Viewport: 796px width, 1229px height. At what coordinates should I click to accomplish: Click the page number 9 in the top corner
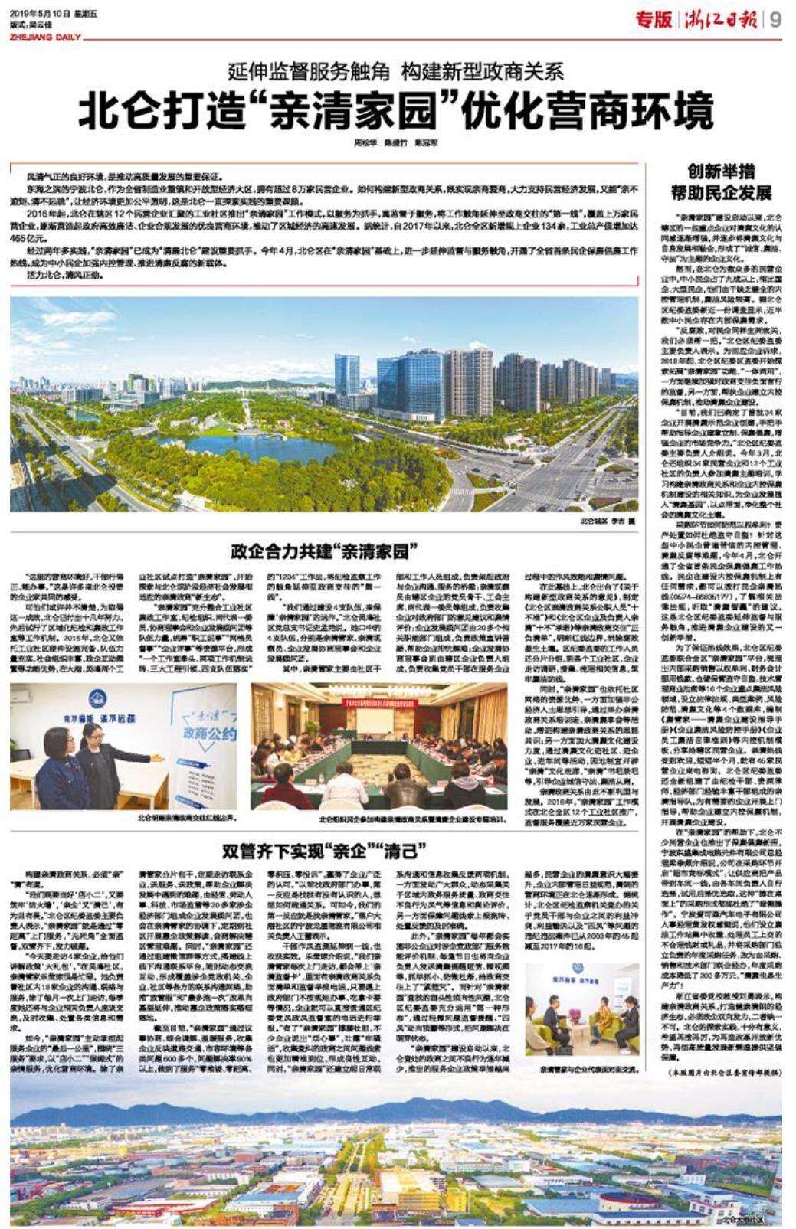click(776, 20)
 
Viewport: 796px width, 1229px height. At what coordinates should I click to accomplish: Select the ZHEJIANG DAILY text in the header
click(40, 35)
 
